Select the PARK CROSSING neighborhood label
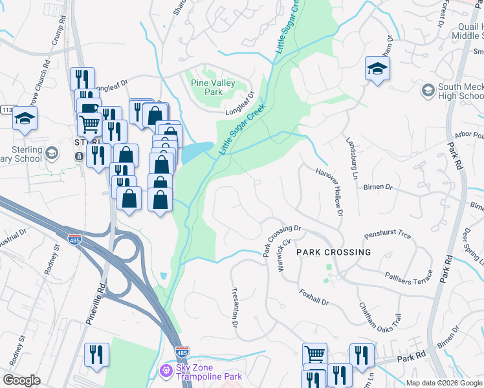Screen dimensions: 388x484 334,252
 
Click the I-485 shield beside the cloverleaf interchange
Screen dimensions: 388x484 75,239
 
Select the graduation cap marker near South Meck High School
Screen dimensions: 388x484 377,69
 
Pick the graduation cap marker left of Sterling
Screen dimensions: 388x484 25,119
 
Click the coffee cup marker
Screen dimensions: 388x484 88,107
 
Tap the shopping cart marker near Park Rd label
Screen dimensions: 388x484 314,354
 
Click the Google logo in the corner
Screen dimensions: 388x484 21,380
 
